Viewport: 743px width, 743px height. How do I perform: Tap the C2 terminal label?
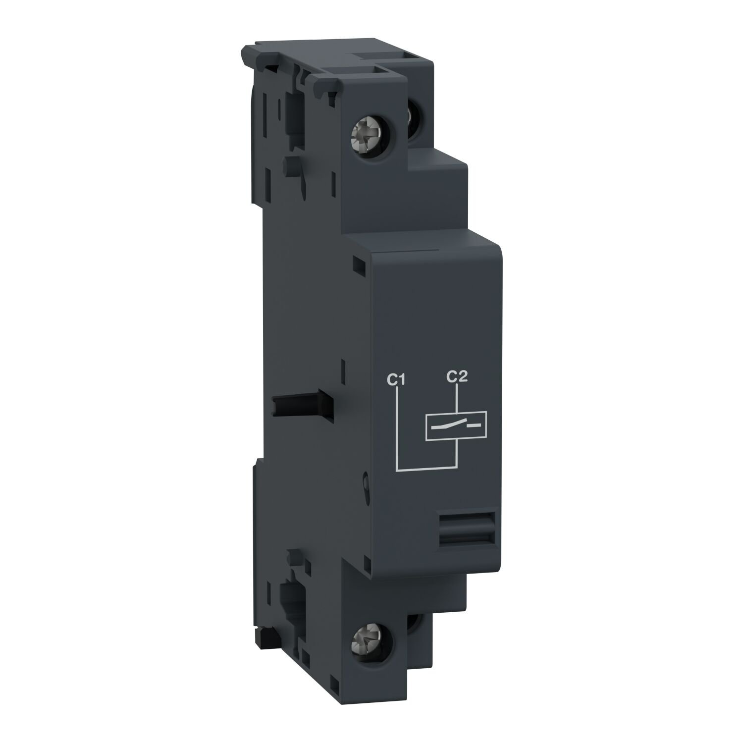point(457,377)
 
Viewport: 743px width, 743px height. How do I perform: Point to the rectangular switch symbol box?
point(456,425)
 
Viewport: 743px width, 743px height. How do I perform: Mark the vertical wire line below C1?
point(398,426)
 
